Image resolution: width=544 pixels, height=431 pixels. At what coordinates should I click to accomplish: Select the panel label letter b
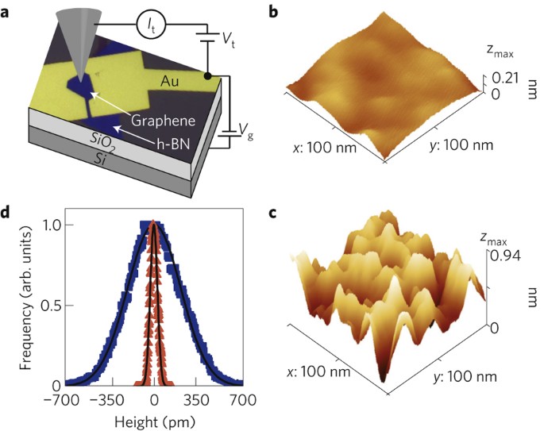(295, 11)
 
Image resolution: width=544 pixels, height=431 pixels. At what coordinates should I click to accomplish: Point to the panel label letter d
(6, 214)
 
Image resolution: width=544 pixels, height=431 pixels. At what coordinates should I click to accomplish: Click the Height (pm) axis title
(154, 417)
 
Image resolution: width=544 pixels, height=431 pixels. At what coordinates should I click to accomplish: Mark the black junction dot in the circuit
(206, 76)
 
